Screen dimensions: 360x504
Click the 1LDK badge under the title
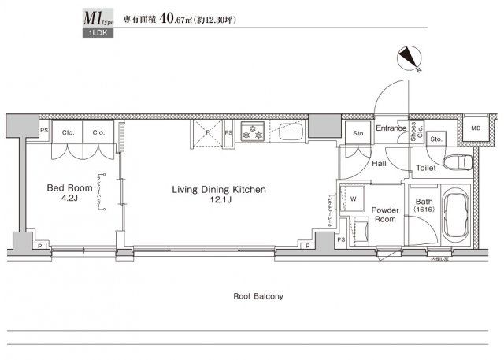101,35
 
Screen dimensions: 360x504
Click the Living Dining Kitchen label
220,190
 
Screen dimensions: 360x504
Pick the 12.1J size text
220,202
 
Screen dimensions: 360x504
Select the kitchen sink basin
291,132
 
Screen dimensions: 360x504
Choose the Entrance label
391,128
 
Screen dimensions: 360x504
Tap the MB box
476,128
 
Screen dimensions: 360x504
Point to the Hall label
378,164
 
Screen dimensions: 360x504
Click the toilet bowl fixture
457,163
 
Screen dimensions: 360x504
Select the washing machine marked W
353,199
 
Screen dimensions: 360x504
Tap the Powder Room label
385,215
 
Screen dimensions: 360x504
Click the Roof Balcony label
258,297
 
